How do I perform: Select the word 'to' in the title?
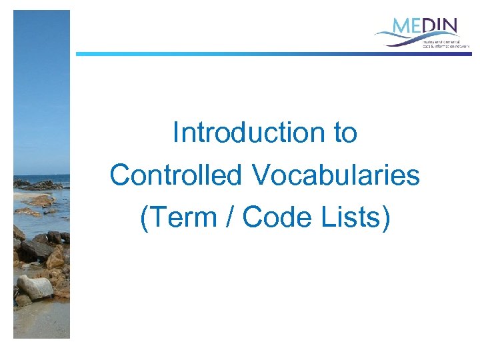pos(345,133)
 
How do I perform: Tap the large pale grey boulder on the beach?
pos(35,287)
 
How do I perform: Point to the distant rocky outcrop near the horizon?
pos(33,183)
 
